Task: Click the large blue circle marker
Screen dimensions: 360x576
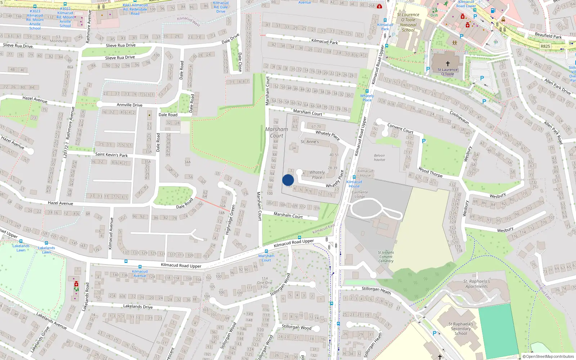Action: pyautogui.click(x=288, y=180)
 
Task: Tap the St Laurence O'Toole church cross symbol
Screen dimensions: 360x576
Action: pyautogui.click(x=448, y=63)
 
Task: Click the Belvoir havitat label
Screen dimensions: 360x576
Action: pyautogui.click(x=379, y=158)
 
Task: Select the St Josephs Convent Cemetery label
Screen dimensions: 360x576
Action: pyautogui.click(x=386, y=257)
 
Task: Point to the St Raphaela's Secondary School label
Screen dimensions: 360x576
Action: pyautogui.click(x=461, y=329)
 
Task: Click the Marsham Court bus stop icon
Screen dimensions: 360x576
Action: pyautogui.click(x=266, y=251)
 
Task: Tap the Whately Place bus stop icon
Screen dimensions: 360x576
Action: pyautogui.click(x=367, y=91)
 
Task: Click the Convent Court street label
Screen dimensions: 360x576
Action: pyautogui.click(x=400, y=129)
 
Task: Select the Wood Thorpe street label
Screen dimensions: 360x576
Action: pyautogui.click(x=431, y=172)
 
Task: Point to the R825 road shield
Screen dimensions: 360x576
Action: pyautogui.click(x=545, y=46)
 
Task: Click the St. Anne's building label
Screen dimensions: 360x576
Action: pyautogui.click(x=310, y=141)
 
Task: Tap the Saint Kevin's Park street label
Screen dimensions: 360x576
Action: pyautogui.click(x=111, y=155)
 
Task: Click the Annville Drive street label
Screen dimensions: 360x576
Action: pyautogui.click(x=130, y=105)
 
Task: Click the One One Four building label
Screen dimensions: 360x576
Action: pyautogui.click(x=265, y=283)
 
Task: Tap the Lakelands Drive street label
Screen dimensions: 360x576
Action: pyautogui.click(x=138, y=307)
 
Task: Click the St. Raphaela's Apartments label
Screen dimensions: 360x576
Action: pyautogui.click(x=477, y=284)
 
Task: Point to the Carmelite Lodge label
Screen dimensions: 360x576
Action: pyautogui.click(x=360, y=194)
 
